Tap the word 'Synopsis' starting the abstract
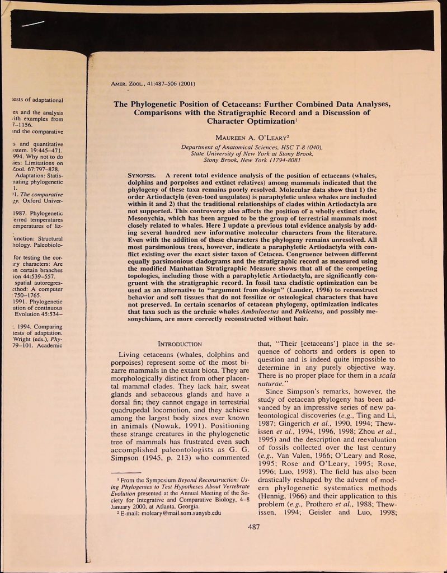click(143, 175)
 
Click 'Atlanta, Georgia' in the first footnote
click(178, 504)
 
